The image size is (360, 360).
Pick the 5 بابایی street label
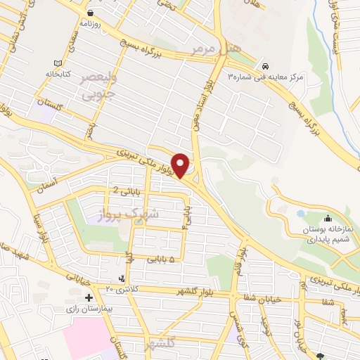[161, 259]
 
